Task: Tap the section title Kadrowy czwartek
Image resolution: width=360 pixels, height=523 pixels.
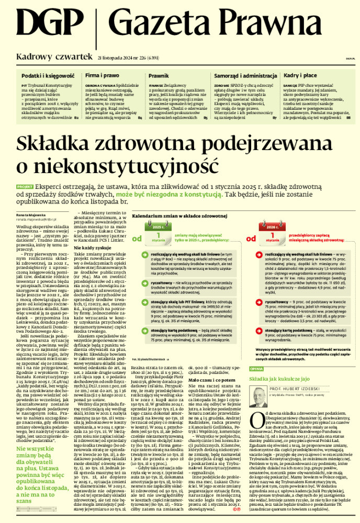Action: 54,56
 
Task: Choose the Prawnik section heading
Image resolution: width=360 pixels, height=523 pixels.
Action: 159,76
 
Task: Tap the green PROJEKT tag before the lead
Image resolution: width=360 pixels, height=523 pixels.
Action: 25,186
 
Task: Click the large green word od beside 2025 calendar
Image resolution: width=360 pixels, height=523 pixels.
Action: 138,238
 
